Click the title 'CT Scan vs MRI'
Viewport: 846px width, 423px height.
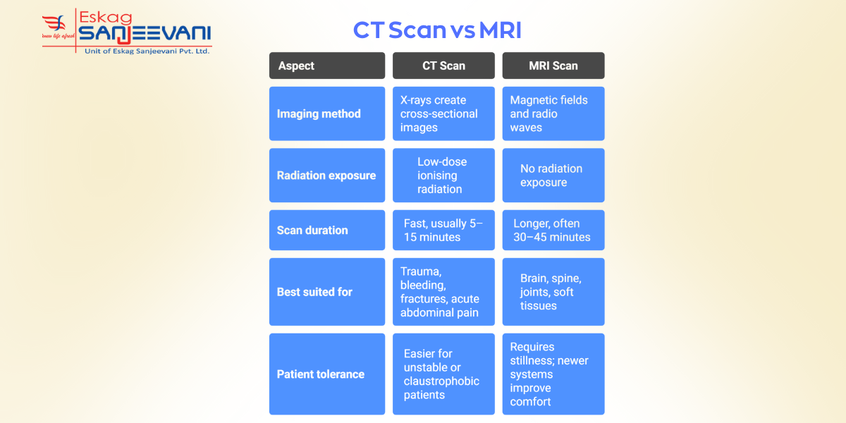(437, 30)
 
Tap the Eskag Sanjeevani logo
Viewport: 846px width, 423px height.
(127, 32)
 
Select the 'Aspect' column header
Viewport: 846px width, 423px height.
(327, 66)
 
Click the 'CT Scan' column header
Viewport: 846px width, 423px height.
(443, 66)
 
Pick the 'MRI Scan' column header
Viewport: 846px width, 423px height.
(553, 66)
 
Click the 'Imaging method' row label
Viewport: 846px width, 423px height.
(327, 114)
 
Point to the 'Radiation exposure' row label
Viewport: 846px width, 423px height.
(327, 176)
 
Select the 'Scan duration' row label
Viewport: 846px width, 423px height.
(327, 230)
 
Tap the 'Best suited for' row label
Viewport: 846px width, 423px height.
(327, 292)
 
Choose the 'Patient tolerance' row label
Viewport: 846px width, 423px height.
(327, 374)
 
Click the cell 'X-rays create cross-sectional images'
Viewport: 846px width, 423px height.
(443, 114)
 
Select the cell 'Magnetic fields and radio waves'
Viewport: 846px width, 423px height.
(553, 114)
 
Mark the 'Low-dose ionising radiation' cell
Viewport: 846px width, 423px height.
(443, 176)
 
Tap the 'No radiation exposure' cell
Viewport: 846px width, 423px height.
(553, 176)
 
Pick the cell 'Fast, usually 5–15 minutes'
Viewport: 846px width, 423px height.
(443, 230)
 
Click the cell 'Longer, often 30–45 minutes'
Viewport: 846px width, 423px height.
(553, 230)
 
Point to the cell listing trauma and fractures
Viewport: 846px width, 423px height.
(443, 292)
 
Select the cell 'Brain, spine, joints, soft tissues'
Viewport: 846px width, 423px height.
(553, 292)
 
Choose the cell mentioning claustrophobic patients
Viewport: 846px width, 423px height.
(443, 374)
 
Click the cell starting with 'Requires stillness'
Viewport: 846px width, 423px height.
(553, 374)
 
